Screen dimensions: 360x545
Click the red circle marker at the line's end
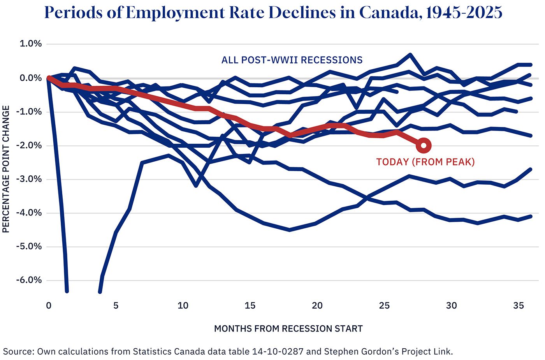click(424, 146)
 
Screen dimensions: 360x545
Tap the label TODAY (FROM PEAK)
click(425, 162)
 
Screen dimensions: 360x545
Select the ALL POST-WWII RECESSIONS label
click(292, 60)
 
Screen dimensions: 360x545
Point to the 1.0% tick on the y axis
click(31, 44)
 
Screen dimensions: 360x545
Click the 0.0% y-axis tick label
click(31, 78)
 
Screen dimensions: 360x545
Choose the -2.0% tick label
click(29, 146)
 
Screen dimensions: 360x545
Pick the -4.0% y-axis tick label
click(29, 213)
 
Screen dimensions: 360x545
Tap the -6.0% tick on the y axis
click(29, 280)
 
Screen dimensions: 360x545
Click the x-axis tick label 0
click(49, 306)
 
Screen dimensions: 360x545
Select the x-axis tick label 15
click(250, 306)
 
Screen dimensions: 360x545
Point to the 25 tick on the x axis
click(384, 306)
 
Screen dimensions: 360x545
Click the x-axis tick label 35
click(519, 306)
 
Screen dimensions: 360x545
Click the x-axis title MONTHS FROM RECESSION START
click(288, 329)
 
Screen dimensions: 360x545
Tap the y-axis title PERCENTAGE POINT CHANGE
click(6, 169)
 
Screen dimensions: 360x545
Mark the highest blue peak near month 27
click(410, 55)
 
